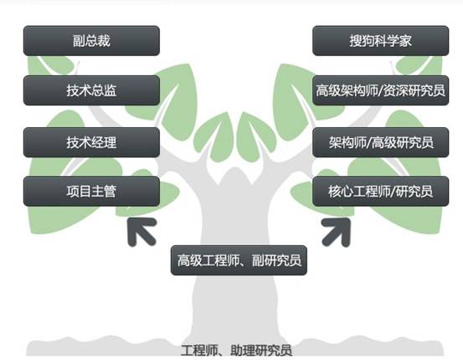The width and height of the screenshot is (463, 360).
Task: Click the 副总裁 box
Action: coord(91,41)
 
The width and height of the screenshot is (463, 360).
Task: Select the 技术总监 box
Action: coord(91,90)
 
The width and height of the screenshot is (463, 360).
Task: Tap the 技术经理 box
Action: coord(91,142)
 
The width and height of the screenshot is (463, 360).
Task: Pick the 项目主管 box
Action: coord(91,191)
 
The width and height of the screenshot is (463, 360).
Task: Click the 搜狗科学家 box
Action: coord(381,41)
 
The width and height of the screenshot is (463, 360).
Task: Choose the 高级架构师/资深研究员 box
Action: coord(381,90)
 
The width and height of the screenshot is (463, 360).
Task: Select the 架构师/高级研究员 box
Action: coord(381,142)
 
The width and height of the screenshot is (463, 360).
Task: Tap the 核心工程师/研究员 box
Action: coord(381,191)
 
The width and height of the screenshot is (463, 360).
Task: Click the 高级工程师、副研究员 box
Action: coord(239,260)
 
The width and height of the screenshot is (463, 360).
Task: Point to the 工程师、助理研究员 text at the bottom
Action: coord(236,350)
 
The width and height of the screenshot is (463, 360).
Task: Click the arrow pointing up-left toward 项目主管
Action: coord(141,232)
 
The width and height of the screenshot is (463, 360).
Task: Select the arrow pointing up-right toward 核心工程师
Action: coord(336,232)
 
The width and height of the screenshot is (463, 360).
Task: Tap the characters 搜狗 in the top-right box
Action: coord(362,41)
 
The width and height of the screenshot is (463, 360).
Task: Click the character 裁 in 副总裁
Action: coord(104,41)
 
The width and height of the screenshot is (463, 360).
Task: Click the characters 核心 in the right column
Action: coord(341,192)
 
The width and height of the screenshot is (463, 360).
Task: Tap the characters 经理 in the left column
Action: coord(104,142)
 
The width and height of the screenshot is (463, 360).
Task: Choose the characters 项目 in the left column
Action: coord(79,192)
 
